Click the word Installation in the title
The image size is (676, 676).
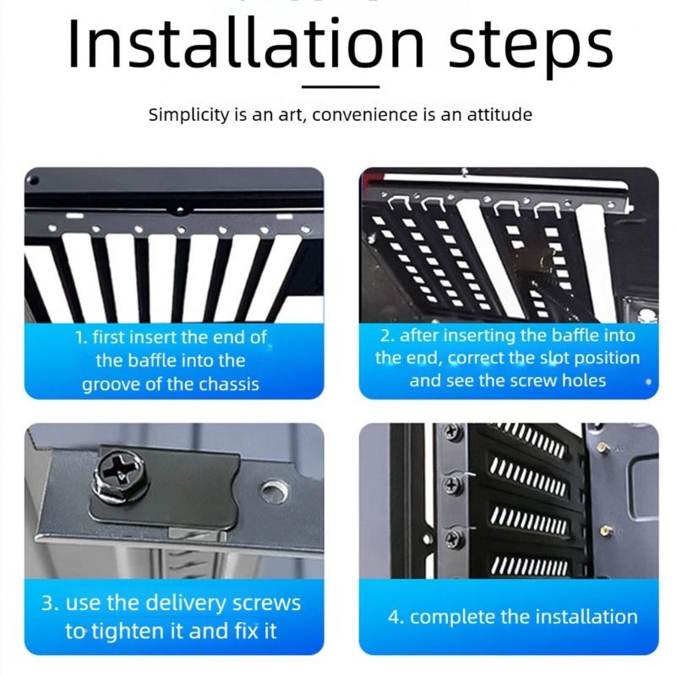247,42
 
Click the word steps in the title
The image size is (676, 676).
531,46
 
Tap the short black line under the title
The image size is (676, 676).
341,87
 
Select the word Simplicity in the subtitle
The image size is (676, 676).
188,115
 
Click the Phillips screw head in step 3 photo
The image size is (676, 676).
122,476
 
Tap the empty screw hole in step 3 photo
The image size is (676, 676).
274,491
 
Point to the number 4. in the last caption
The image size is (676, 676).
396,617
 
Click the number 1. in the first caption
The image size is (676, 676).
82,337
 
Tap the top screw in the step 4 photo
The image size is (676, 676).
451,430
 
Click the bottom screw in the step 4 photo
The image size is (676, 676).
453,538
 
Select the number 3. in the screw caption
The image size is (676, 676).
51,603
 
